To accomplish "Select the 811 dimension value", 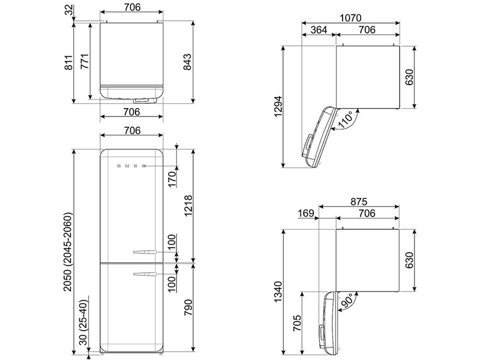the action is point(69,63).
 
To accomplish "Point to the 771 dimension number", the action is point(85,61).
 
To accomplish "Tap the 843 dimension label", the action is point(187,62).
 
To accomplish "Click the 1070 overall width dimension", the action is point(351,18).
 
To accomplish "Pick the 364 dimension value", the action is point(319,29).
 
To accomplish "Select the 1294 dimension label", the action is point(278,107).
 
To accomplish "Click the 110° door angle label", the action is point(346,119).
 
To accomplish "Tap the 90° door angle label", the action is point(347,301).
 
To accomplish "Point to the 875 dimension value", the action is point(359,202).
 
